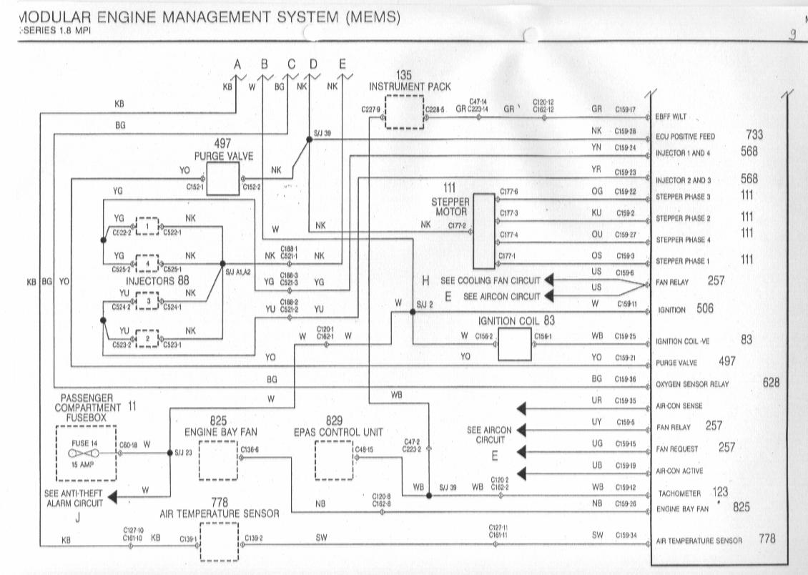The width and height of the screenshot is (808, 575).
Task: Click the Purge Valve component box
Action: pyautogui.click(x=223, y=178)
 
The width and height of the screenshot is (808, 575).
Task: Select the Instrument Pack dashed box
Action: pyautogui.click(x=405, y=111)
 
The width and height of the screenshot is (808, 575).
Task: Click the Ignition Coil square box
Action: pyautogui.click(x=515, y=345)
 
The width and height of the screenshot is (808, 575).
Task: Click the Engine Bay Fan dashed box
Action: pyautogui.click(x=217, y=461)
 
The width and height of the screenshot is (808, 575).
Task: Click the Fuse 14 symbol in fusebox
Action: pyautogui.click(x=79, y=453)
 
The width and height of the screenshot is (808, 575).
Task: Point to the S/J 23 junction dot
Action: pyautogui.click(x=170, y=453)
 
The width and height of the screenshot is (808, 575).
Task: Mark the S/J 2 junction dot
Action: pyautogui.click(x=413, y=312)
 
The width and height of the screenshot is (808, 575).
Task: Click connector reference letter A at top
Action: pyautogui.click(x=238, y=64)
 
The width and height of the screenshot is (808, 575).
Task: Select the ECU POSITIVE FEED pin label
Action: pyautogui.click(x=684, y=137)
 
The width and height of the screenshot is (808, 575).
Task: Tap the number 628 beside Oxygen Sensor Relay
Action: pyautogui.click(x=772, y=383)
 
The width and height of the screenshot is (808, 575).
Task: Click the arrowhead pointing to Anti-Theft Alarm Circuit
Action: pyautogui.click(x=111, y=498)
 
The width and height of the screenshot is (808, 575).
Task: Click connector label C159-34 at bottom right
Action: pyautogui.click(x=625, y=536)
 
